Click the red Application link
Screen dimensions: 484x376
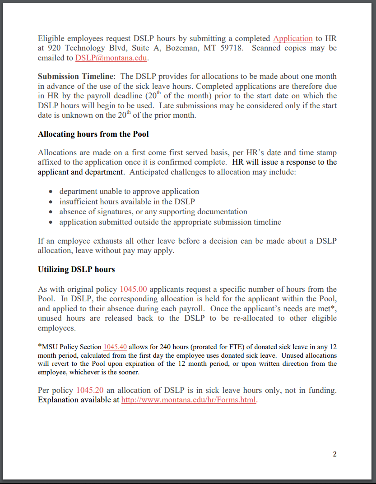coord(292,38)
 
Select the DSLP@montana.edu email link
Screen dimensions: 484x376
coord(111,58)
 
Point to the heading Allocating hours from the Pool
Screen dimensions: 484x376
coord(93,134)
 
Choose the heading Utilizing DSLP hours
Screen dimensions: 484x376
coord(76,269)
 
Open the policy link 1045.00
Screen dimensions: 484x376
coord(133,289)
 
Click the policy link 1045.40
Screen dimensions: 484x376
coord(115,347)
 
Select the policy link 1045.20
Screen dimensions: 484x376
coord(90,390)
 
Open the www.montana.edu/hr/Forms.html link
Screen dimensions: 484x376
coord(189,400)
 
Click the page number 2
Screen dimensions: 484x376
coord(334,454)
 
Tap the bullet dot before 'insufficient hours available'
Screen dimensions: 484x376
coord(51,202)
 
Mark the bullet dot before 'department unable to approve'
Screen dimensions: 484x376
coord(51,192)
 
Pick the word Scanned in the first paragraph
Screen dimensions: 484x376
coord(266,48)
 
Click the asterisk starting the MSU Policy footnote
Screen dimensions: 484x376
coord(40,346)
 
